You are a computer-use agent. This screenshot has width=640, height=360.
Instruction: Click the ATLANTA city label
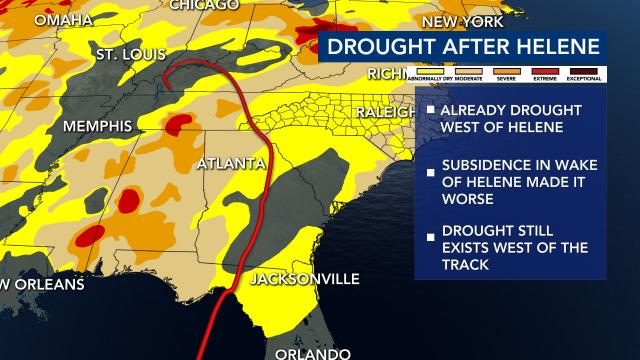pos(231,163)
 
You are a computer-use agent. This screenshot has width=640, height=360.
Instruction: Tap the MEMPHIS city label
pos(98,127)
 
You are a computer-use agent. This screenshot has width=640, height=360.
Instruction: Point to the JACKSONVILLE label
pos(304,278)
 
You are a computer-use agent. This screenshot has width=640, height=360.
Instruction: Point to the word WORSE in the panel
pos(475,198)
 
